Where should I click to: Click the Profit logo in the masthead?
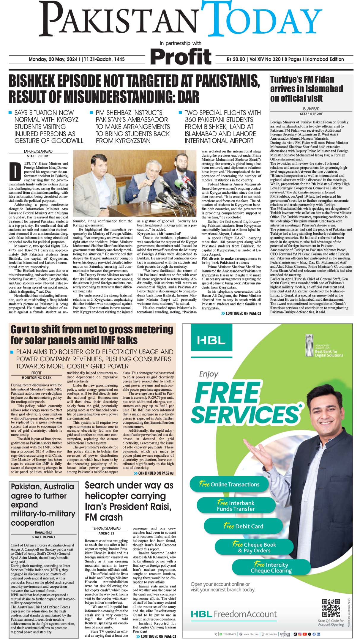point(181,56)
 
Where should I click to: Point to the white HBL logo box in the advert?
point(211,340)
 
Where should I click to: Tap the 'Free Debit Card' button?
point(243,526)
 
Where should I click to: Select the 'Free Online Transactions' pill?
point(229,484)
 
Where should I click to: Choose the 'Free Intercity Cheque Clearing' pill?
point(271,568)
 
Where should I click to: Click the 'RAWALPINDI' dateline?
point(43,532)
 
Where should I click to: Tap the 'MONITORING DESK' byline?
point(37,378)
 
